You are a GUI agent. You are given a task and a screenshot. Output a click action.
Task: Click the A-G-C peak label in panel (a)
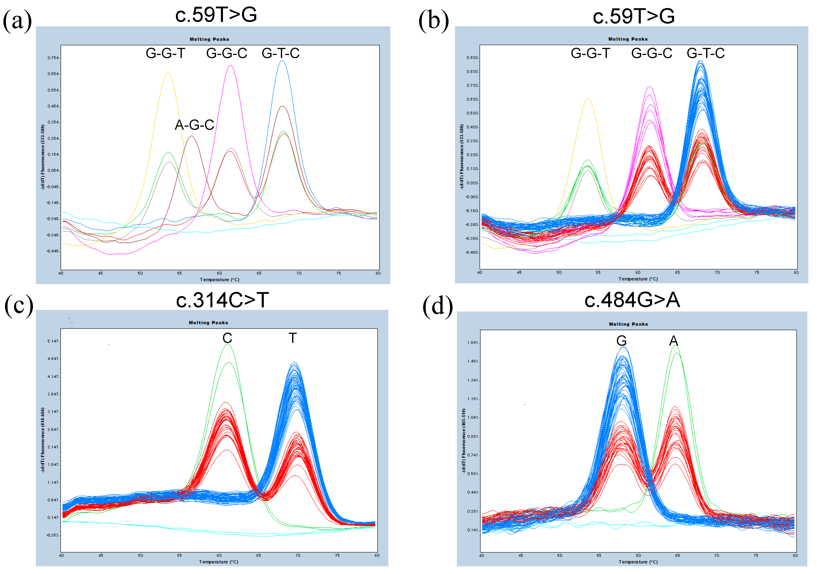[x=194, y=125]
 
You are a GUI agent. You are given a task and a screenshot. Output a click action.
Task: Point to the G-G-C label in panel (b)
[x=652, y=53]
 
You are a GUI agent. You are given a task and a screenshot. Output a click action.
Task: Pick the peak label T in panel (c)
[x=292, y=338]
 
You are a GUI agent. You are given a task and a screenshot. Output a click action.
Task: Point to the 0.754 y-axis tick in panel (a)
[x=53, y=58]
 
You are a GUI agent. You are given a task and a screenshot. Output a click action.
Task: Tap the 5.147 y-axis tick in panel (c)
[x=53, y=341]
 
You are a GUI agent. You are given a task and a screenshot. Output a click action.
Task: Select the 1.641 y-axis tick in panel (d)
[x=472, y=343]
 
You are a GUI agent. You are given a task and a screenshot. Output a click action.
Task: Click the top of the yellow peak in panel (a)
[x=168, y=74]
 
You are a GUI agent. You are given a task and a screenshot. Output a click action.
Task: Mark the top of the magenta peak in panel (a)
[x=231, y=65]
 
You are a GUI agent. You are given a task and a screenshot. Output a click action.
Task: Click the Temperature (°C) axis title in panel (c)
[x=218, y=562]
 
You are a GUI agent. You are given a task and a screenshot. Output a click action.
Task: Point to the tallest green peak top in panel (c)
[x=227, y=344]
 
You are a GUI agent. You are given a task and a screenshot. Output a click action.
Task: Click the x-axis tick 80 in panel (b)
[x=796, y=273]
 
